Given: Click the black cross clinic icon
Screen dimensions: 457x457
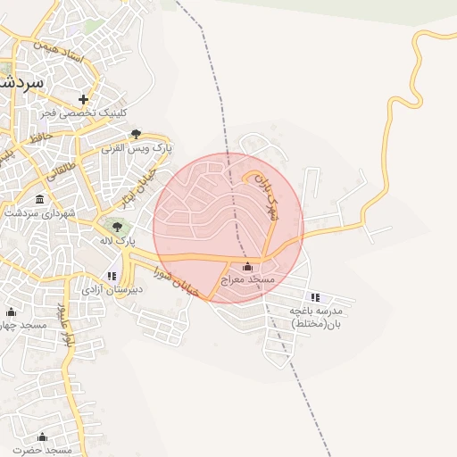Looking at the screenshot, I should tap(84, 99).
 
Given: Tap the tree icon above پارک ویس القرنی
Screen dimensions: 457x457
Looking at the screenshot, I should tap(136, 133).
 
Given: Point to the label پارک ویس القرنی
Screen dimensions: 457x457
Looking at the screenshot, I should tap(138, 147).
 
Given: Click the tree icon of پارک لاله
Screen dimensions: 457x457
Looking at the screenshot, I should tap(117, 227).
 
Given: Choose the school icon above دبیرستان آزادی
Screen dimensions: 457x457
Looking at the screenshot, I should tap(112, 276).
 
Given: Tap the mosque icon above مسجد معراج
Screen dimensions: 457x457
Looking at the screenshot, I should tap(247, 267).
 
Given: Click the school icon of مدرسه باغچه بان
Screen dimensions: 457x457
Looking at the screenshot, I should tap(315, 297).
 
